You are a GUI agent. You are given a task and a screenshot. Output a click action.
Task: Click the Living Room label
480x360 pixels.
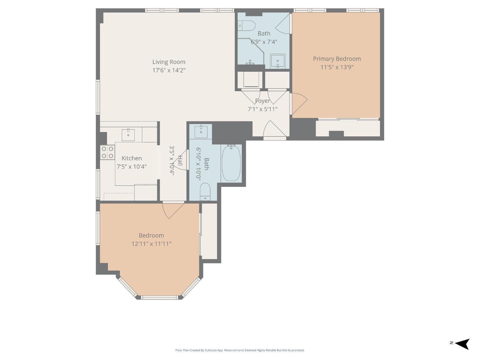(x=169, y=62)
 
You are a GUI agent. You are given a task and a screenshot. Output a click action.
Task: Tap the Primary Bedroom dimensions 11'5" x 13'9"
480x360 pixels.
(x=337, y=67)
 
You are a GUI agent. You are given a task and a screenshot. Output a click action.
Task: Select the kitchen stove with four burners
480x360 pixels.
(x=107, y=152)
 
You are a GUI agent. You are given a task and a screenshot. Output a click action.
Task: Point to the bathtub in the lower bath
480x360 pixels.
(x=231, y=163)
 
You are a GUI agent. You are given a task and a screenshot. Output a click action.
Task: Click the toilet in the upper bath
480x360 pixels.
(x=246, y=25)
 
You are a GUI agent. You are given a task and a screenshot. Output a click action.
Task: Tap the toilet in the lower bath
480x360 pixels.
(x=205, y=192)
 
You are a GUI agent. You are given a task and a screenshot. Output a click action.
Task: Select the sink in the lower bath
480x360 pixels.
(x=201, y=132)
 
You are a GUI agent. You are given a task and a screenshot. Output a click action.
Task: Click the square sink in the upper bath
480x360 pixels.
(x=277, y=60)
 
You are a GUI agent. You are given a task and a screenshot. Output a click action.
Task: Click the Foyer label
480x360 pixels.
(x=262, y=101)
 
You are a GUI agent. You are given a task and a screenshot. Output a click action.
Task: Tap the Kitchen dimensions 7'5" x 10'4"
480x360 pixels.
(x=132, y=167)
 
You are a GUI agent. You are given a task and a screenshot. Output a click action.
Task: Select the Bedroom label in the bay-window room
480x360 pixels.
(x=151, y=236)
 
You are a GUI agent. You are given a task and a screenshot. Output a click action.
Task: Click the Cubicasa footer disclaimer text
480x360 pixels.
(x=240, y=350)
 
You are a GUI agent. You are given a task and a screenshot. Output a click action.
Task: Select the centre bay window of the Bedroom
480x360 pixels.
(x=159, y=297)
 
